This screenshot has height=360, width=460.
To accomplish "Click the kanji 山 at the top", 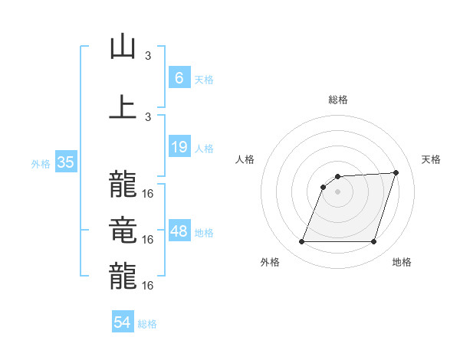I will tap(123, 47).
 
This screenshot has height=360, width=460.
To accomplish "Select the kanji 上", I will tap(123, 106).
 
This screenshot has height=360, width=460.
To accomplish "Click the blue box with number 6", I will tap(179, 78).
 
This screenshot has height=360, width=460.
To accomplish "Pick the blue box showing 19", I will tap(179, 148).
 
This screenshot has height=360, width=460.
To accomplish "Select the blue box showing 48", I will tap(179, 232).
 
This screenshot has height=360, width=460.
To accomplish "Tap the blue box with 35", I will tap(65, 162).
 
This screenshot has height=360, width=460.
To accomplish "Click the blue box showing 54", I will tap(122, 323).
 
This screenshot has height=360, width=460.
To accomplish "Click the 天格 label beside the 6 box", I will tap(204, 79).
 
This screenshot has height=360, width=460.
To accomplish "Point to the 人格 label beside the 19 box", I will tap(204, 149).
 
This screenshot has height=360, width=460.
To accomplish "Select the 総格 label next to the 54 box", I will tap(147, 324).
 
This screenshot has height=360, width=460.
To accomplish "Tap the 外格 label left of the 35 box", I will tap(41, 163).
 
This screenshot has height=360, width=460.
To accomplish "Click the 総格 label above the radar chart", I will tap(337, 100).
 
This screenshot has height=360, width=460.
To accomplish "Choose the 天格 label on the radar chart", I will tap(431, 159).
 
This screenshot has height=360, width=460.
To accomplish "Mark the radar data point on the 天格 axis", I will tap(396, 172).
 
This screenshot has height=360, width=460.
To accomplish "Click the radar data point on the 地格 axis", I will tap(373, 242).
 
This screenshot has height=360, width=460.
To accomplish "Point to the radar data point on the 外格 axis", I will tap(301, 242).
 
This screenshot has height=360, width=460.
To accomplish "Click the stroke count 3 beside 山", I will tap(148, 55).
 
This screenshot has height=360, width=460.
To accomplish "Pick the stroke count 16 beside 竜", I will tap(148, 240).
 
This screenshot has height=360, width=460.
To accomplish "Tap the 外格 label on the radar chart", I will tap(270, 263).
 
